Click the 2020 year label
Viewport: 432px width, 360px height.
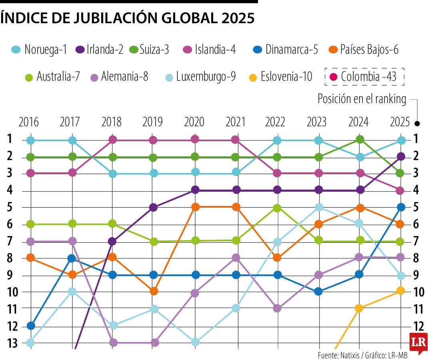pyautogui.click(x=195, y=122)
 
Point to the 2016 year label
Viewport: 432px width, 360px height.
pyautogui.click(x=29, y=122)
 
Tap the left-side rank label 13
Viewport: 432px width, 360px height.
pyautogui.click(x=12, y=343)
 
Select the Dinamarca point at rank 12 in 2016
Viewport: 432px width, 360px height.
pyautogui.click(x=31, y=326)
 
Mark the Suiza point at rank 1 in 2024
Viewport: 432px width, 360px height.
pyautogui.click(x=360, y=139)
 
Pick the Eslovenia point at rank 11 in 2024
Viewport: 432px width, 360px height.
pyautogui.click(x=359, y=308)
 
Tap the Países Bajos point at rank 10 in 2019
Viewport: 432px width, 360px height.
pyautogui.click(x=154, y=291)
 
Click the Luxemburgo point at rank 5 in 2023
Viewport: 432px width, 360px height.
pyautogui.click(x=319, y=207)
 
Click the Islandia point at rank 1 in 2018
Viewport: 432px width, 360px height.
pyautogui.click(x=113, y=140)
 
